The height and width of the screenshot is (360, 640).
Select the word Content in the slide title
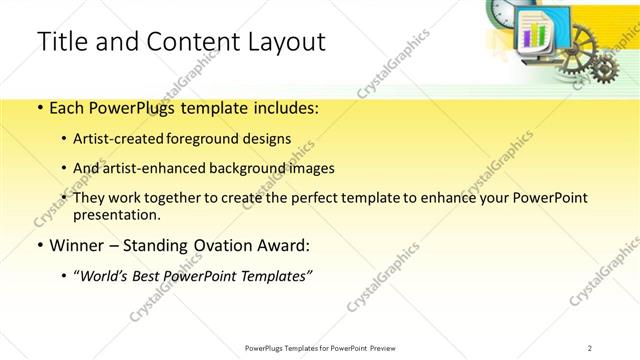(177, 42)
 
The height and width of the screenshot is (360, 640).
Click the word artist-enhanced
(171, 168)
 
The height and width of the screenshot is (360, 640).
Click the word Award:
(285, 245)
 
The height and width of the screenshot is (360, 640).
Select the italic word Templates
(275, 275)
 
